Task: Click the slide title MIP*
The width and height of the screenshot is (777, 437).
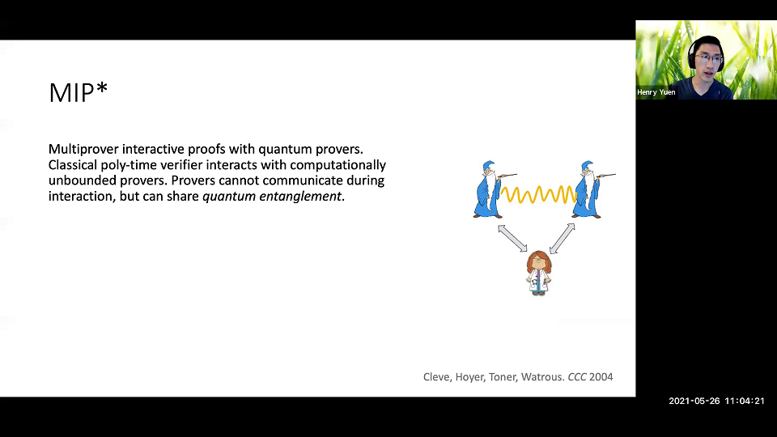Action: click(78, 93)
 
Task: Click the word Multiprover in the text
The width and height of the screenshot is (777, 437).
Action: click(83, 149)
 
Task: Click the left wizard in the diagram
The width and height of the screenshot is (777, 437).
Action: click(489, 189)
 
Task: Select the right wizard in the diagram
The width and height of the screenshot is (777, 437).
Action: click(589, 189)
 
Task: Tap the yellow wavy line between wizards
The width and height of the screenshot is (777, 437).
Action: click(539, 194)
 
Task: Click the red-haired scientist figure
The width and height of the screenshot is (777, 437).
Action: click(537, 273)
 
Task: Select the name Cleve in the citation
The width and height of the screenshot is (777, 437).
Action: click(438, 376)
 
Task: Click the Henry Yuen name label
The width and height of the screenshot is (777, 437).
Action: click(656, 92)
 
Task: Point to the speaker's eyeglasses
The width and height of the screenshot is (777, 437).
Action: click(708, 58)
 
